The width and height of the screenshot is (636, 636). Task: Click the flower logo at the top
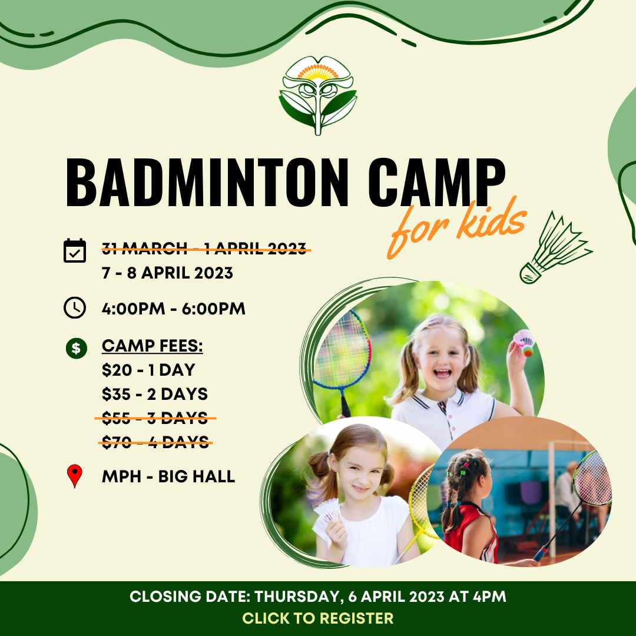pyautogui.click(x=318, y=95)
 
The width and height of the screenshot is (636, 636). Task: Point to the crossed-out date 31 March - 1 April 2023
pyautogui.click(x=206, y=249)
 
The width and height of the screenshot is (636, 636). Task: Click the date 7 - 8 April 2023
pyautogui.click(x=167, y=273)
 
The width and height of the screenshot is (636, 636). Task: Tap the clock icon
pyautogui.click(x=75, y=308)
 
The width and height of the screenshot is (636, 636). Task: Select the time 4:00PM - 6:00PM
pyautogui.click(x=174, y=309)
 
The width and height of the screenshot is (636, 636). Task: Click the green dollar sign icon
pyautogui.click(x=76, y=347)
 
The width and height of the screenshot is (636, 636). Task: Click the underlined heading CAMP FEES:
pyautogui.click(x=153, y=346)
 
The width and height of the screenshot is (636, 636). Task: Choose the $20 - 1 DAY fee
pyautogui.click(x=148, y=370)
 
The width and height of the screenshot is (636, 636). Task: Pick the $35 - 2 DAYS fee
pyautogui.click(x=155, y=394)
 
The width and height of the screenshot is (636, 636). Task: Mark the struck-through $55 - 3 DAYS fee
pyautogui.click(x=155, y=418)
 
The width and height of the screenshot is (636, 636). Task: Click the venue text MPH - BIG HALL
pyautogui.click(x=168, y=476)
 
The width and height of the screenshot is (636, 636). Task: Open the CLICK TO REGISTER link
pyautogui.click(x=318, y=618)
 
